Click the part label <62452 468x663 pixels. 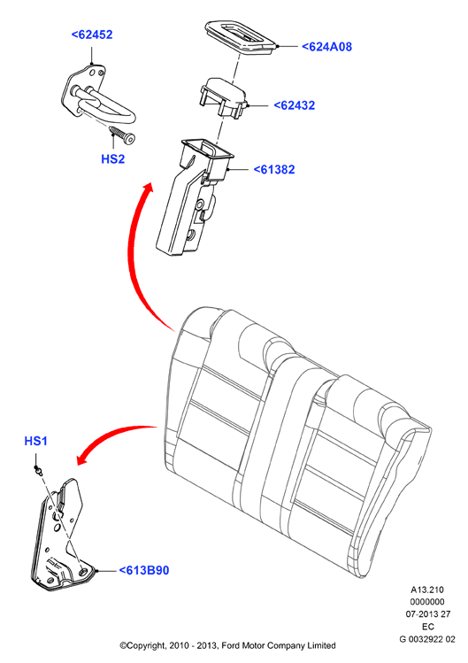click(x=92, y=35)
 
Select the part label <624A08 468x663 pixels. click(x=326, y=47)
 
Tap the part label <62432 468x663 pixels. click(x=295, y=105)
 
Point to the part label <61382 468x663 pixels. click(x=274, y=170)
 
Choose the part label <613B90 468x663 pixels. click(x=144, y=570)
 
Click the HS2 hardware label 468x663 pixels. click(x=113, y=159)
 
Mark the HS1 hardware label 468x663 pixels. click(x=36, y=441)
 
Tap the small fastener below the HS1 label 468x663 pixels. click(x=39, y=469)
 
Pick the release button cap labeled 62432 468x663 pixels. click(x=222, y=96)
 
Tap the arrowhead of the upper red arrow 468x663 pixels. click(x=146, y=190)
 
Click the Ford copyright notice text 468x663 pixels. click(x=227, y=645)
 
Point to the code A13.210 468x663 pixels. click(x=427, y=590)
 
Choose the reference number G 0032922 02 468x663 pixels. click(x=427, y=639)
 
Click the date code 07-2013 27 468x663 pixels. click(x=428, y=614)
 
